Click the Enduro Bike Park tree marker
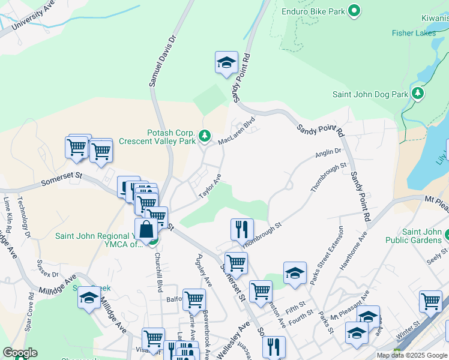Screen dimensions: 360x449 tap(354, 10)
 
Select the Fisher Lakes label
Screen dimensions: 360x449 tap(414, 33)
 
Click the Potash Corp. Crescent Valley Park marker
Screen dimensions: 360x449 tap(205, 136)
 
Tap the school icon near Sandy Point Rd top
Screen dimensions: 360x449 tap(226, 62)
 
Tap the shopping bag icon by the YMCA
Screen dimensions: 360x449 tap(146, 229)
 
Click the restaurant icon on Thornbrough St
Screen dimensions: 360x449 tap(242, 229)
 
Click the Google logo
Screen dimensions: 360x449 tap(20, 353)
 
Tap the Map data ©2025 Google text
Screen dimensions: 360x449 tap(411, 355)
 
